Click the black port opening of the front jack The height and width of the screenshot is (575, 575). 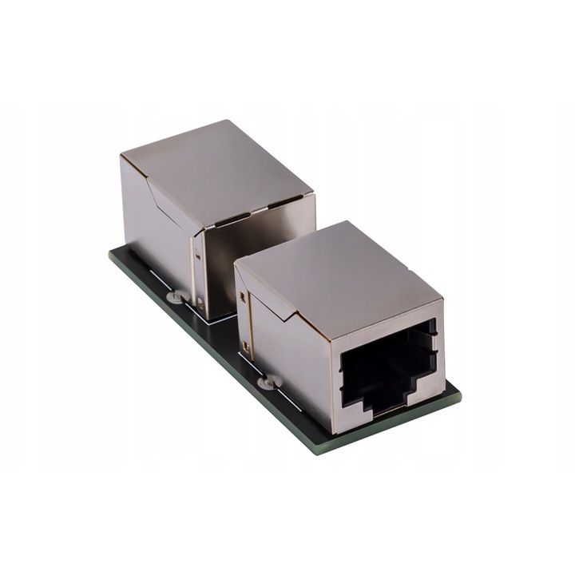point(387,367)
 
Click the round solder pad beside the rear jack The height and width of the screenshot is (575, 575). point(172,298)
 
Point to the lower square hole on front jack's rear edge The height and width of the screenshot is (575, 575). point(246,348)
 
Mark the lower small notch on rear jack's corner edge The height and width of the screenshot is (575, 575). point(200,302)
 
